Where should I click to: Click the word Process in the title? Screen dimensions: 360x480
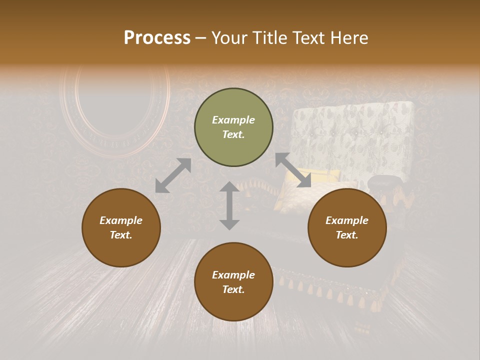(x=157, y=38)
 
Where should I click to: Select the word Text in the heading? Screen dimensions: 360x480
(x=307, y=38)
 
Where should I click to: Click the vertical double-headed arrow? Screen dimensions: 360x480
(x=229, y=205)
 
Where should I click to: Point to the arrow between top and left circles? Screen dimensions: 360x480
(x=173, y=175)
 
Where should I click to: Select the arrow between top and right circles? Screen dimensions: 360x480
(x=293, y=170)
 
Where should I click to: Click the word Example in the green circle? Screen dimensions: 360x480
(x=233, y=120)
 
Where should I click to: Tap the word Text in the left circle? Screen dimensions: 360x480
(x=121, y=235)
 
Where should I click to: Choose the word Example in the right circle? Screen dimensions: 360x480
(x=347, y=220)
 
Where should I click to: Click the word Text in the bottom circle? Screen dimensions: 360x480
(x=233, y=289)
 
